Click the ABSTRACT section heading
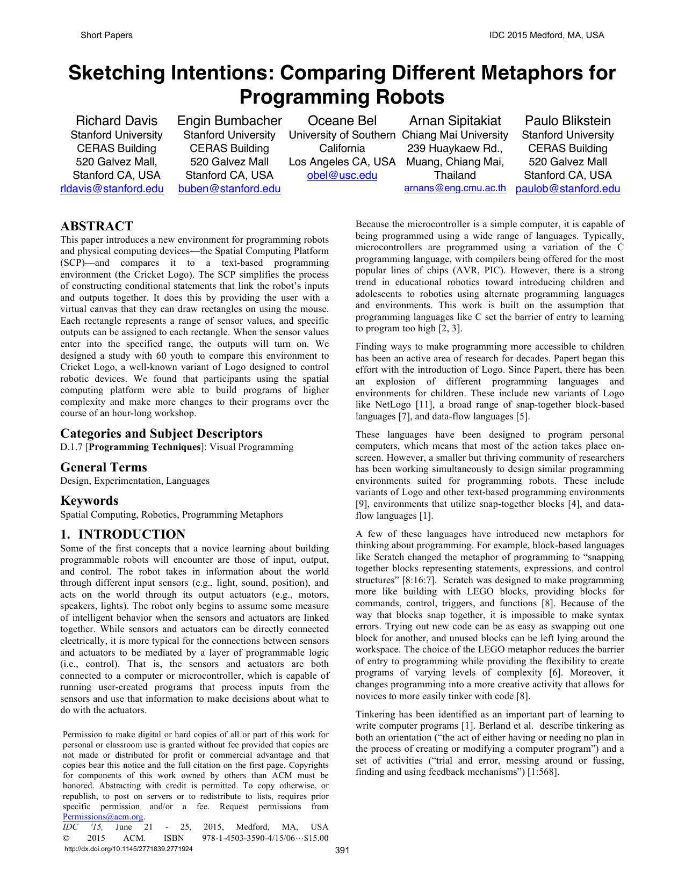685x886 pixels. (x=97, y=226)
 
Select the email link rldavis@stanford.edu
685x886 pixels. (x=112, y=188)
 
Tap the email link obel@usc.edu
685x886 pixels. (x=342, y=175)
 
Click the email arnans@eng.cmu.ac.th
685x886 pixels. (x=455, y=188)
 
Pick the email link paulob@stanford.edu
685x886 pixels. (x=567, y=188)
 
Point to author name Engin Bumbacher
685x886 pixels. (x=229, y=121)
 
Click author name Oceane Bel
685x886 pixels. (x=342, y=121)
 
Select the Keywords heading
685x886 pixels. (x=89, y=500)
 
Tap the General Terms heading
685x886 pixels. (x=104, y=467)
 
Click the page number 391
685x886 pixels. (x=342, y=850)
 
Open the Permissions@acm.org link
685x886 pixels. (x=103, y=817)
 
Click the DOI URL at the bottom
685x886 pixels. (x=128, y=849)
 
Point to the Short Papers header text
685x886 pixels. (x=106, y=35)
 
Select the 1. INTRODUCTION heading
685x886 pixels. (x=123, y=534)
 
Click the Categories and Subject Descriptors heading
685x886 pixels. (x=162, y=433)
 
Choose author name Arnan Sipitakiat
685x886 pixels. (x=455, y=121)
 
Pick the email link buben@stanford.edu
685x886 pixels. (x=229, y=188)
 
